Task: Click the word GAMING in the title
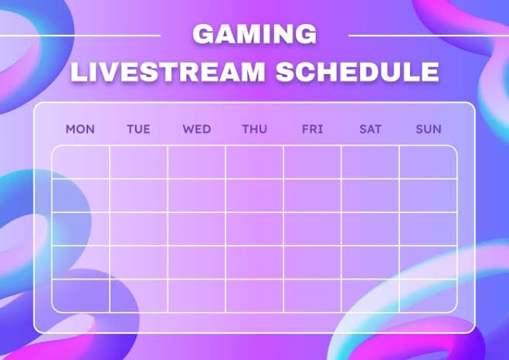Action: tap(254, 34)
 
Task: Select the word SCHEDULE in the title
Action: tap(358, 71)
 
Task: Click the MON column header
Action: tap(80, 129)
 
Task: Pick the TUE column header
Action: tap(138, 129)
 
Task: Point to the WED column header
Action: tap(196, 129)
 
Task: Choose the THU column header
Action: tap(254, 129)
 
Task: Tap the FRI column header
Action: tap(312, 129)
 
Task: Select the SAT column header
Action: tap(370, 129)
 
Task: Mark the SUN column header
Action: tap(428, 129)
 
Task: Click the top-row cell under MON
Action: tap(81, 162)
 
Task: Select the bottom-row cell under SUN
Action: tap(428, 295)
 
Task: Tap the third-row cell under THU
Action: tap(254, 229)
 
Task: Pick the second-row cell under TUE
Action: tap(138, 195)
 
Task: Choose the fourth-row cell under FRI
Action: tap(312, 262)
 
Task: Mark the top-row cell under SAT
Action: tap(370, 162)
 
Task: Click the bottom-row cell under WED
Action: tap(196, 295)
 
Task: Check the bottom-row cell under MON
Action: tap(81, 295)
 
